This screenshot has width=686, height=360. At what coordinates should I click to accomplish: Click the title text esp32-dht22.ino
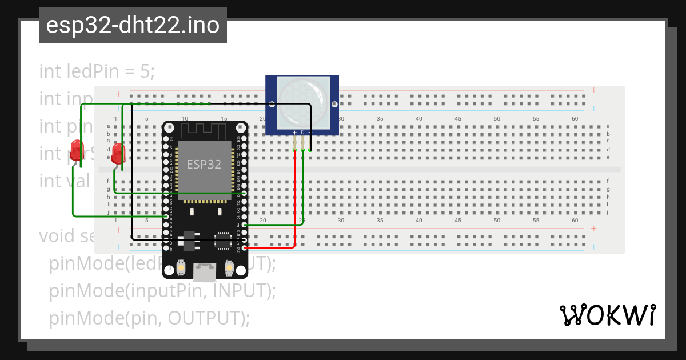[x=133, y=25]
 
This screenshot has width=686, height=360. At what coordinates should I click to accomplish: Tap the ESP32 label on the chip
[x=204, y=165]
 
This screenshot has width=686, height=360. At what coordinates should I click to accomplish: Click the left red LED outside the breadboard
[x=76, y=149]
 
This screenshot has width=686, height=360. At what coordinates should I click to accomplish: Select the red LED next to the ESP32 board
[x=118, y=154]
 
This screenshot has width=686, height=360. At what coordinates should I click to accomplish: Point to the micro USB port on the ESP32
[x=205, y=272]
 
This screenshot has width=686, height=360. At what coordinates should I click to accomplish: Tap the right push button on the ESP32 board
[x=229, y=267]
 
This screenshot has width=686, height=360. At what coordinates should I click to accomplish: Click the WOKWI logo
[x=607, y=315]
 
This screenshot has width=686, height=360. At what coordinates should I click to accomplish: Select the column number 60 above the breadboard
[x=575, y=119]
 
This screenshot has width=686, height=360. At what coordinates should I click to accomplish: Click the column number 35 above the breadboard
[x=380, y=119]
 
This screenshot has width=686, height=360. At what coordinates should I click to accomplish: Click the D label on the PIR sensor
[x=302, y=133]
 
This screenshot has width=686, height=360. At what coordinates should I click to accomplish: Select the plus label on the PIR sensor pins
[x=294, y=133]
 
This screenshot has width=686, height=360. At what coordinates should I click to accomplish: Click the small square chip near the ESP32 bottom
[x=221, y=241]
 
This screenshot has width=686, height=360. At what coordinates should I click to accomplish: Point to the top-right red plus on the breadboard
[x=594, y=90]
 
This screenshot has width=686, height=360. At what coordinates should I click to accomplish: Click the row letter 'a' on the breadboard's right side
[x=608, y=126]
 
